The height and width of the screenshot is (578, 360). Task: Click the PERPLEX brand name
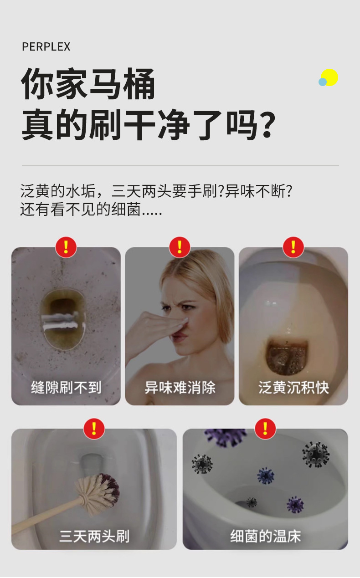(x=46, y=47)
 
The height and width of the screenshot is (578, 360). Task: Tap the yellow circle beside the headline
(x=330, y=77)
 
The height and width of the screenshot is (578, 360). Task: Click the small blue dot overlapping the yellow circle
(x=323, y=82)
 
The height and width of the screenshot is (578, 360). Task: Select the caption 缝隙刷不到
(x=66, y=388)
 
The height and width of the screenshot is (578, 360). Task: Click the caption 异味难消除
(x=180, y=388)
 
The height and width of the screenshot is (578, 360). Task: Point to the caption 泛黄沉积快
(x=293, y=388)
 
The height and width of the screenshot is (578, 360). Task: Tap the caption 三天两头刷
(x=94, y=536)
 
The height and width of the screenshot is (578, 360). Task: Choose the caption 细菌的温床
(x=265, y=536)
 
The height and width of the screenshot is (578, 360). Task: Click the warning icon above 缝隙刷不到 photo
(x=66, y=247)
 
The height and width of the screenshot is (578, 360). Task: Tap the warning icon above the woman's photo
(x=180, y=247)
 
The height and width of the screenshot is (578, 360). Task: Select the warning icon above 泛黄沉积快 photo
(x=293, y=247)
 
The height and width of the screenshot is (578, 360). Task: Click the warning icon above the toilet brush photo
(x=94, y=429)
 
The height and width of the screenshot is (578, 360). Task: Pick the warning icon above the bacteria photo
(x=265, y=429)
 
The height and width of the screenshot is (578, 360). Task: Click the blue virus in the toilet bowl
(x=266, y=475)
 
